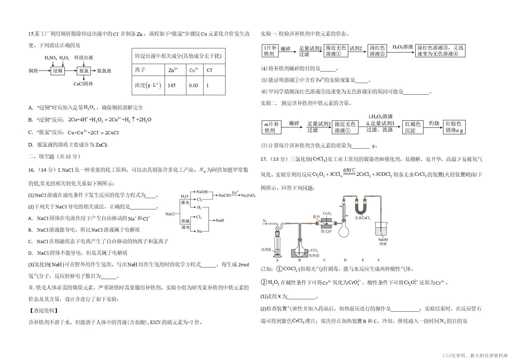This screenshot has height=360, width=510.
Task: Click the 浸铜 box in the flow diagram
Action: (58, 71)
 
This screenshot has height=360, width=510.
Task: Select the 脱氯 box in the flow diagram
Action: (84, 71)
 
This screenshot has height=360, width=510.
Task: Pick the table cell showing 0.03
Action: (195, 85)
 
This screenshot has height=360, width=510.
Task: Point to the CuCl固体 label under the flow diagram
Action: (83, 84)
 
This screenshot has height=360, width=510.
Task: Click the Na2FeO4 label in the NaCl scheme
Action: (248, 195)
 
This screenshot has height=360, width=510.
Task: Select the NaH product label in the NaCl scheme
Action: (220, 220)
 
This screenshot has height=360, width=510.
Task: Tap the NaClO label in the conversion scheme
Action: (225, 195)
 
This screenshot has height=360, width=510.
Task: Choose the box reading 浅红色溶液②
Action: (377, 51)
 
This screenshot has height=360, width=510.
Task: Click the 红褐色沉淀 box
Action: (413, 127)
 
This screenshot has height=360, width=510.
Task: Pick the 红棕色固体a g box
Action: (454, 127)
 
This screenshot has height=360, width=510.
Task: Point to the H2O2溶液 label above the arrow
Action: (403, 47)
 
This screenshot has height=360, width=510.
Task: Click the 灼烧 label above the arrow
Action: (434, 123)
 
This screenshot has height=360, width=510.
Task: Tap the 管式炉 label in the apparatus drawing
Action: (326, 231)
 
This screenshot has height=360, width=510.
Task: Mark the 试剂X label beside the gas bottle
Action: (266, 250)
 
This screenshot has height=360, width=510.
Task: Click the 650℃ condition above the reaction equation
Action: (349, 170)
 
